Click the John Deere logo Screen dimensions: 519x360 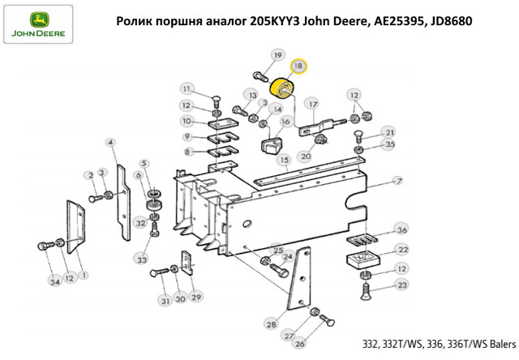tap(38, 24)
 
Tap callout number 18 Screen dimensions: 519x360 tap(298, 66)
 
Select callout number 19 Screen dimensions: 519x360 tap(277, 55)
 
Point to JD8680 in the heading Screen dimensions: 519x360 tap(451, 21)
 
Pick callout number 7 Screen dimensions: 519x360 tap(399, 181)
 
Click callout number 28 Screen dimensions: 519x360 tap(272, 324)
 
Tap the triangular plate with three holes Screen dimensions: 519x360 tap(300, 279)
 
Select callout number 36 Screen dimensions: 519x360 tap(401, 229)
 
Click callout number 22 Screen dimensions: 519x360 tap(403, 249)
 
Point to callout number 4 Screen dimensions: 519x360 tap(111, 143)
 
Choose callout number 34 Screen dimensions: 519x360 tap(54, 281)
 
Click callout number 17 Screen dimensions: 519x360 tap(313, 105)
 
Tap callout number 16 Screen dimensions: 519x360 tap(285, 122)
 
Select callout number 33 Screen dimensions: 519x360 tap(142, 259)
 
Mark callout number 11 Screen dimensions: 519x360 tap(187, 88)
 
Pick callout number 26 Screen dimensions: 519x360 tap(299, 344)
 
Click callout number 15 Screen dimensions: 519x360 tap(285, 161)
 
